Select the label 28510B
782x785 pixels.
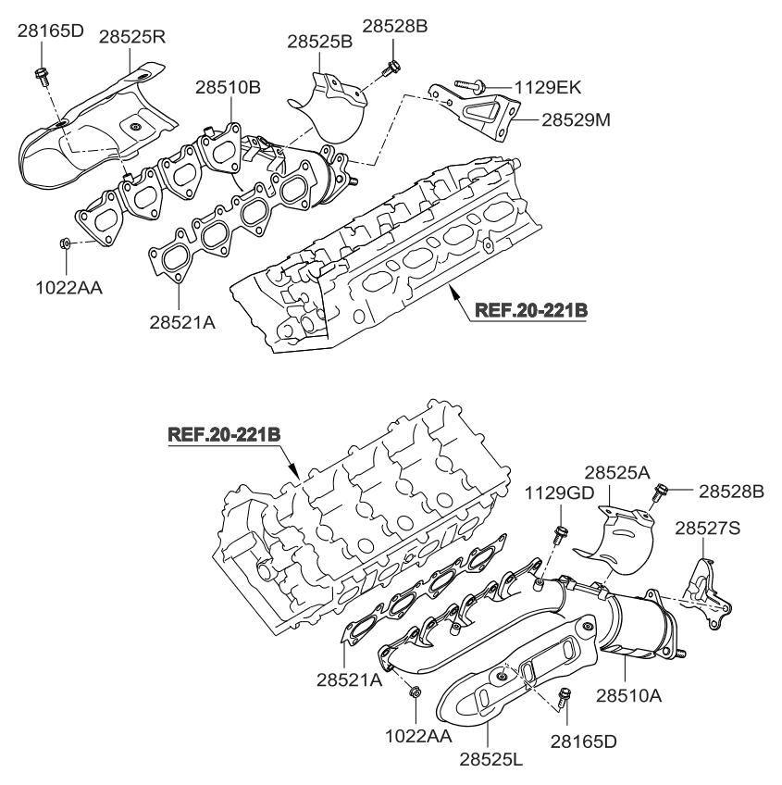(228, 88)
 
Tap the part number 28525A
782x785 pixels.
(612, 472)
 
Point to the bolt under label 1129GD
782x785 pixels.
(560, 535)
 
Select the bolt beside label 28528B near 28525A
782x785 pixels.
(662, 491)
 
